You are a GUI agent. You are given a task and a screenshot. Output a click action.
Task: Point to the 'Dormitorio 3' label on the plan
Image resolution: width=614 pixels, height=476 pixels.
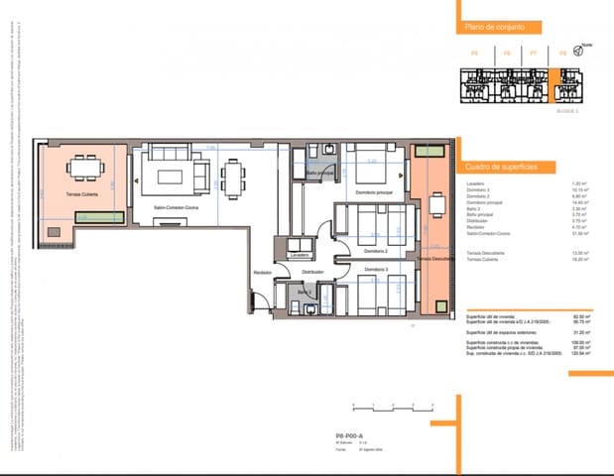pyautogui.click(x=375, y=269)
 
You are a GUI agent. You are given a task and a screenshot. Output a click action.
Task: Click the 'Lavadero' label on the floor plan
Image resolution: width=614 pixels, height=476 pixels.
pyautogui.click(x=301, y=256)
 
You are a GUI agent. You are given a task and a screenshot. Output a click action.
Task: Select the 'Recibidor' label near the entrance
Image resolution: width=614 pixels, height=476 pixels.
pyautogui.click(x=262, y=272)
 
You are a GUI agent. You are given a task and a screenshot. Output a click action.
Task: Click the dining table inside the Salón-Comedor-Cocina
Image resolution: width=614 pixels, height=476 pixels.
pyautogui.click(x=233, y=178)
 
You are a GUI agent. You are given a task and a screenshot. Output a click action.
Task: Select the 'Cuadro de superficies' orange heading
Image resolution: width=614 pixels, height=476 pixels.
pyautogui.click(x=501, y=168)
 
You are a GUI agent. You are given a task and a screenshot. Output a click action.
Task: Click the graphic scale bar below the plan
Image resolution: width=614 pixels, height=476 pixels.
pyautogui.click(x=391, y=406)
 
